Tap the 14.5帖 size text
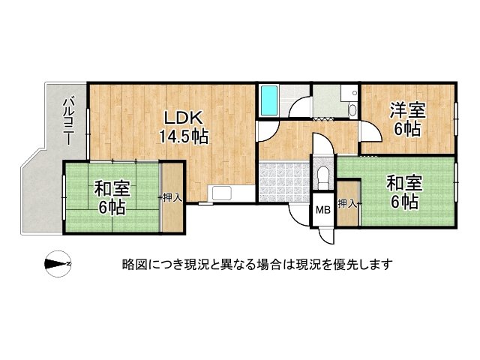[183, 137]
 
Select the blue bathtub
[268, 100]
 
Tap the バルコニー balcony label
[68, 120]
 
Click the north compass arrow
[57, 263]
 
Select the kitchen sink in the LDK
[223, 193]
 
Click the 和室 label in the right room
[404, 182]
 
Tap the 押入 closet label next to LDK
[172, 197]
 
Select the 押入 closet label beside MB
[347, 203]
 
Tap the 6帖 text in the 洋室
[407, 128]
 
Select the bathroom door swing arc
[300, 109]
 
